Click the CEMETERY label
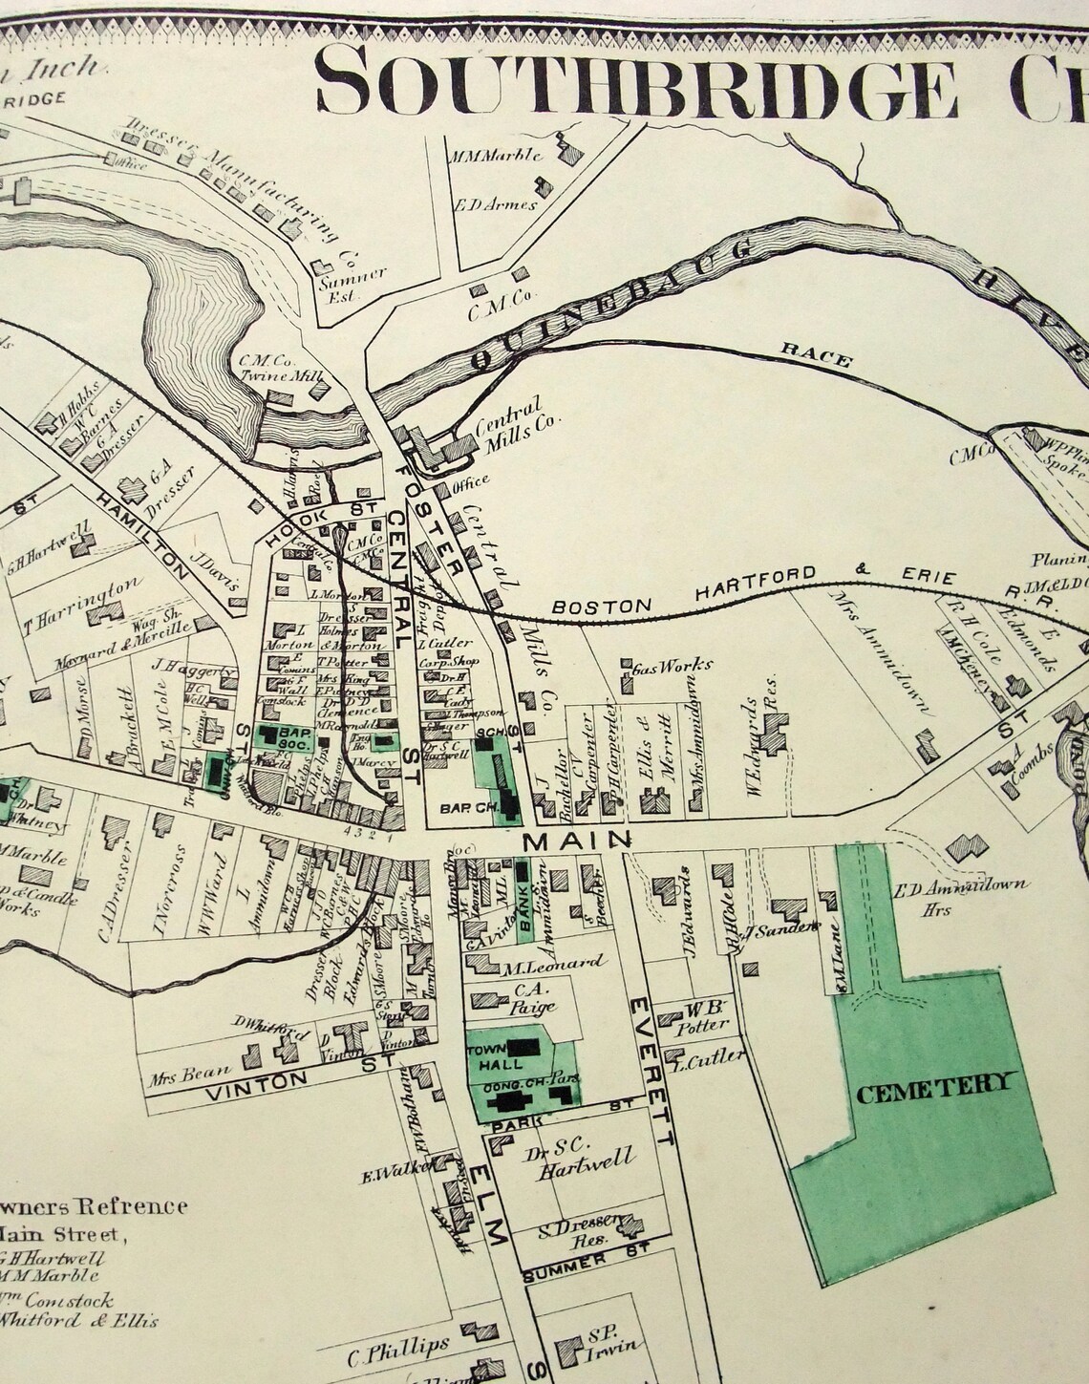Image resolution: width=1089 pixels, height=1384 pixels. point(933,1088)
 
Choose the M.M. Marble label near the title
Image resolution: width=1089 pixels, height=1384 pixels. point(496,154)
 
